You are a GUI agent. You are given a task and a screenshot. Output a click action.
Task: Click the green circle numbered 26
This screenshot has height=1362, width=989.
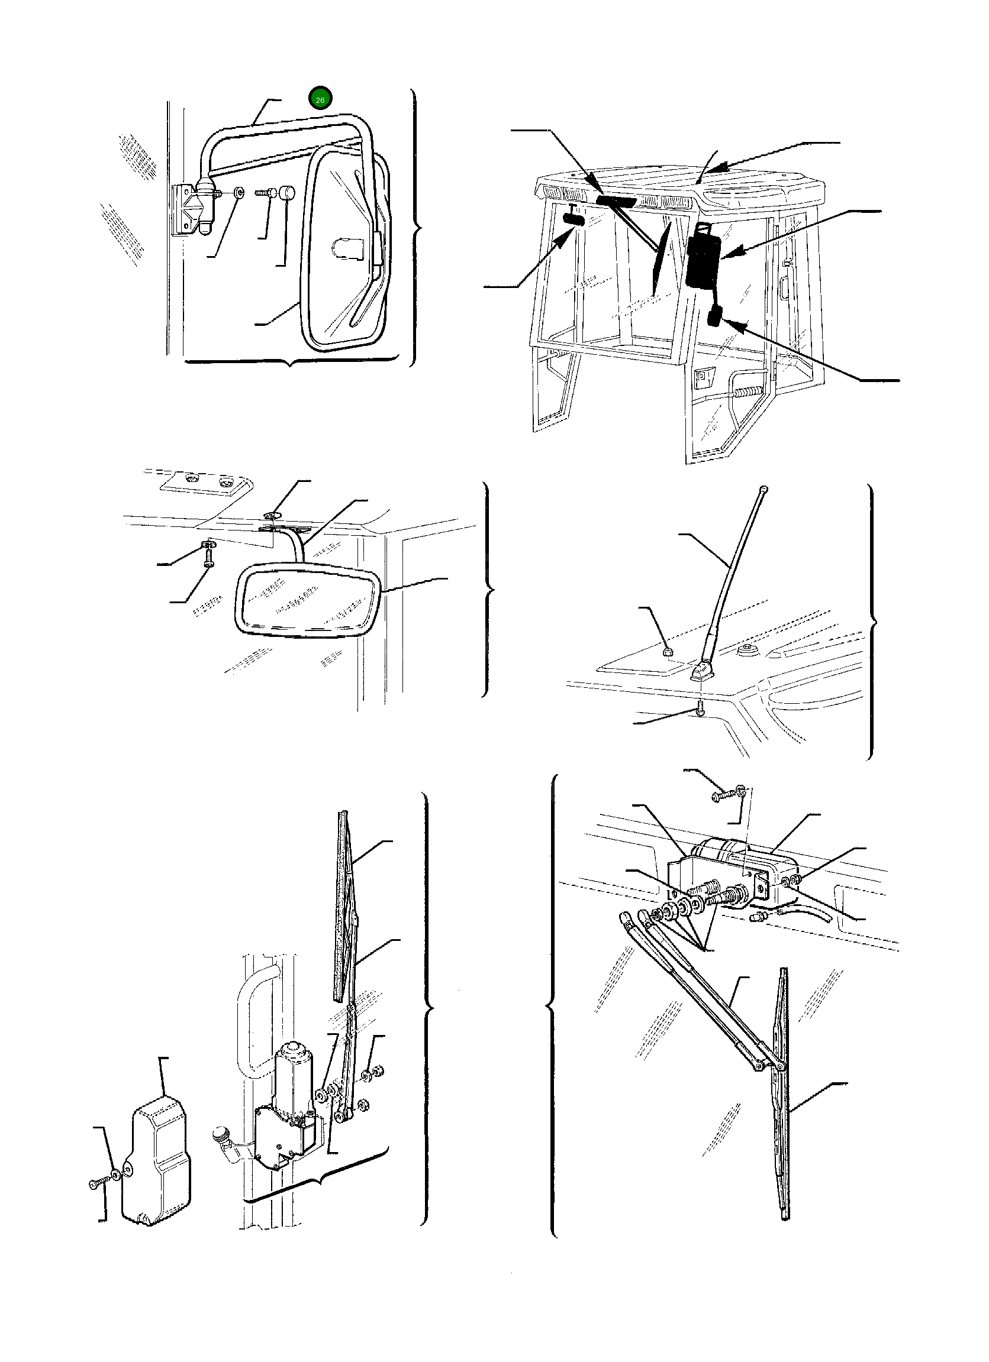point(320,99)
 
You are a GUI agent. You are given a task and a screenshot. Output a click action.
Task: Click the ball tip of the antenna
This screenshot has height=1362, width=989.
point(763,489)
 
